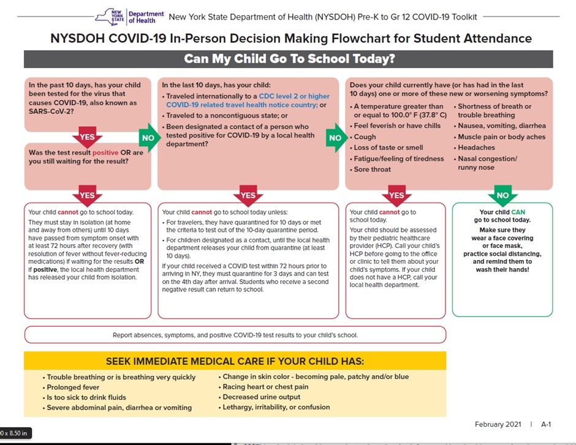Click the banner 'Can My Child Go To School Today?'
click(289, 59)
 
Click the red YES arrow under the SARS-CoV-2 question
click(87, 135)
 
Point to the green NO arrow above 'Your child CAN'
click(502, 195)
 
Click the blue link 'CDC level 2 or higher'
click(294, 96)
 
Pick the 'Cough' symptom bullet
click(365, 136)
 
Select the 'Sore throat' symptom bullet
click(372, 170)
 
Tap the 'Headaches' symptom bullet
click(476, 148)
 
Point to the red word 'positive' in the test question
click(105, 152)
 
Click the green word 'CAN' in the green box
click(518, 212)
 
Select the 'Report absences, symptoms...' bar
click(235, 335)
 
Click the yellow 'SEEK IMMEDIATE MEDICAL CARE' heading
click(235, 361)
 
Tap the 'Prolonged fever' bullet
click(73, 387)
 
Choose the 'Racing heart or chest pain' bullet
click(265, 387)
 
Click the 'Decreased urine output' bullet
click(261, 397)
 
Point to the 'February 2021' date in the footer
click(498, 424)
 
